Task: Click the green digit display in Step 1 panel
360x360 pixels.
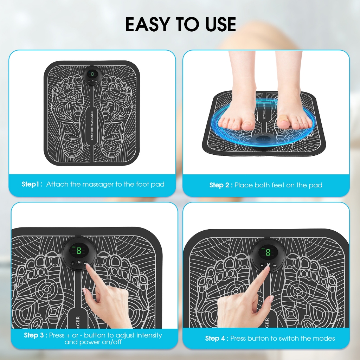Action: click(x=92, y=74)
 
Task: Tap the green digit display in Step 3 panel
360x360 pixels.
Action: click(x=79, y=250)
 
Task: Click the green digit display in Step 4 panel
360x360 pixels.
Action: click(x=268, y=252)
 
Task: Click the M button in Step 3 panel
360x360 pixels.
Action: click(x=79, y=262)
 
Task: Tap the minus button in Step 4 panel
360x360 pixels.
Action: click(x=275, y=265)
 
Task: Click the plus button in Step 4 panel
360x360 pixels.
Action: click(x=262, y=265)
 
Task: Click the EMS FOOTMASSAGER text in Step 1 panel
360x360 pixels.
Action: click(x=92, y=126)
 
